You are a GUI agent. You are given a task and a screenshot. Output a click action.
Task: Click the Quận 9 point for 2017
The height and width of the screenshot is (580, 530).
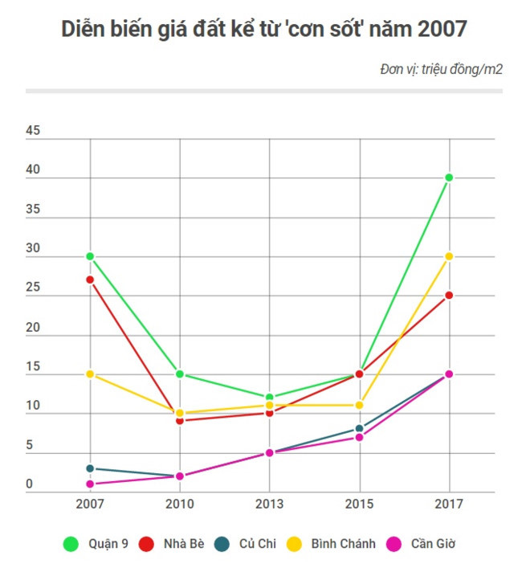click(x=450, y=178)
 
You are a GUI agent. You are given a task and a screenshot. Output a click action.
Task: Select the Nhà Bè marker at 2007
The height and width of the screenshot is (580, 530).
click(x=90, y=280)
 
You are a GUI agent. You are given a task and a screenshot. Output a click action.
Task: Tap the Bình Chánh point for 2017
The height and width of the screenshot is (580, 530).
click(x=450, y=256)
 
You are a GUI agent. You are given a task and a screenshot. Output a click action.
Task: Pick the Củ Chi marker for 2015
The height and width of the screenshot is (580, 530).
click(x=360, y=429)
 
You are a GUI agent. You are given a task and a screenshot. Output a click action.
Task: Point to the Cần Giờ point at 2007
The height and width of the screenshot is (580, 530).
click(x=90, y=484)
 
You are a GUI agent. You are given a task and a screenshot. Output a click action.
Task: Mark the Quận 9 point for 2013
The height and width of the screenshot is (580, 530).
click(x=270, y=398)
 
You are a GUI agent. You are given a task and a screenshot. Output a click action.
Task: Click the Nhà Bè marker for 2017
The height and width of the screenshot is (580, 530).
click(x=450, y=296)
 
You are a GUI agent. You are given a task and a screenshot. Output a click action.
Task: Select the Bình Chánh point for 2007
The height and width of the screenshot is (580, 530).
click(x=90, y=374)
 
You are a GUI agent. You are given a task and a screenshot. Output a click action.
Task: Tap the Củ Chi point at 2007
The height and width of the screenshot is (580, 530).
click(x=90, y=468)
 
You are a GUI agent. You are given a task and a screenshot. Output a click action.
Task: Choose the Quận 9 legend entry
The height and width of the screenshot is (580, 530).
click(x=96, y=544)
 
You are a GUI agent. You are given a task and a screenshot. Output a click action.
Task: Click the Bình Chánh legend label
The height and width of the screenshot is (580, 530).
click(x=343, y=544)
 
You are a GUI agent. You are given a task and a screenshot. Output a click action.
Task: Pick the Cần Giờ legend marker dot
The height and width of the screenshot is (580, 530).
click(x=394, y=544)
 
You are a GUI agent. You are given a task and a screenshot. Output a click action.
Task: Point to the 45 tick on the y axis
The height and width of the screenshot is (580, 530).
click(x=33, y=131)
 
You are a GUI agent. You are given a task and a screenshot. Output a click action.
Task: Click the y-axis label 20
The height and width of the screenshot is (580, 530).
click(x=33, y=328)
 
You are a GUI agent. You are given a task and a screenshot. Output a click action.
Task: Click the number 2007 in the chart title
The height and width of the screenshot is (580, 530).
click(x=440, y=29)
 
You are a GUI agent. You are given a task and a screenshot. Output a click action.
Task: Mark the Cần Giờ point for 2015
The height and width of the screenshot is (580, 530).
click(x=360, y=437)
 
